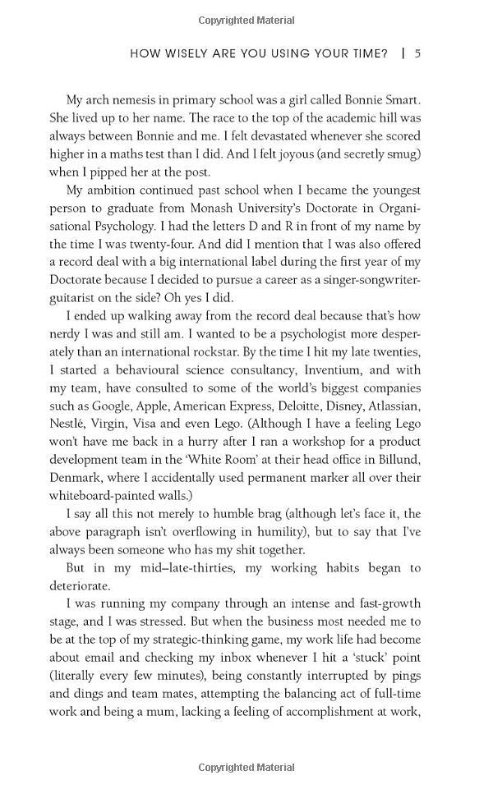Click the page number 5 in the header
417,54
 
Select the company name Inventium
354,369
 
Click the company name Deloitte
320,406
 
